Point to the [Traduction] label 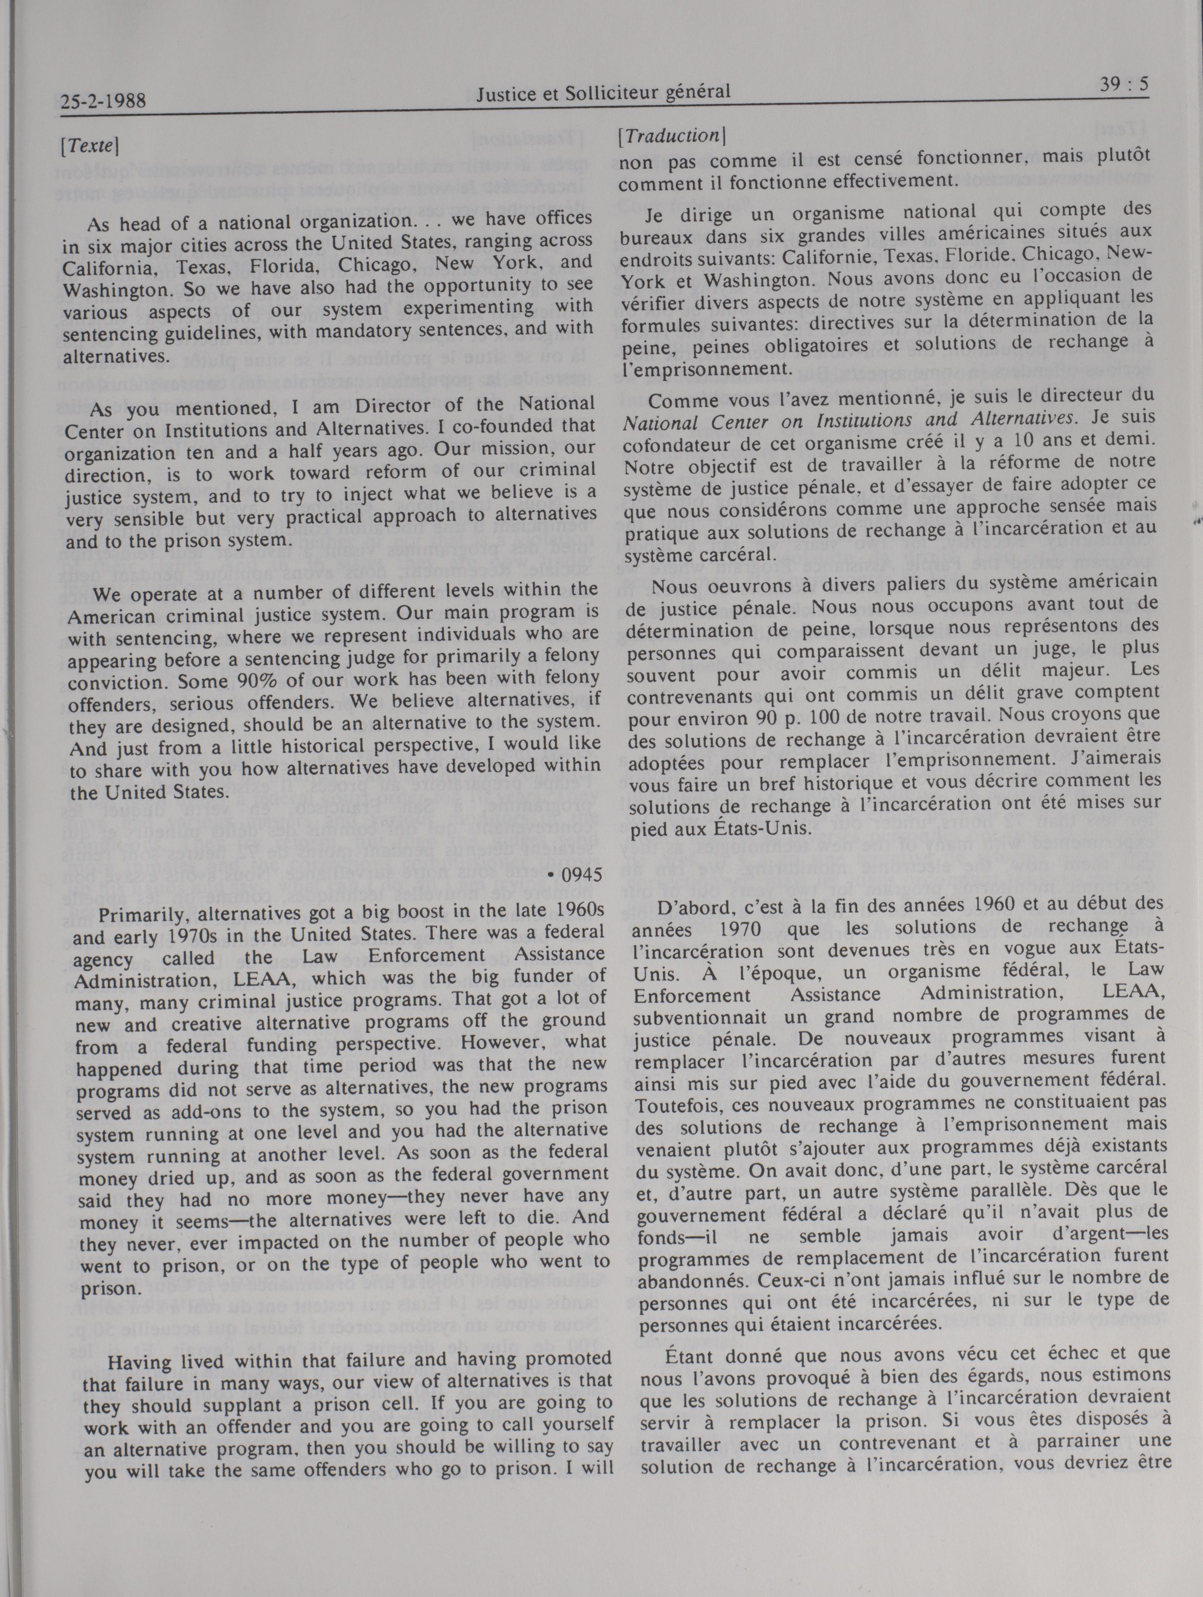click(672, 135)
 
